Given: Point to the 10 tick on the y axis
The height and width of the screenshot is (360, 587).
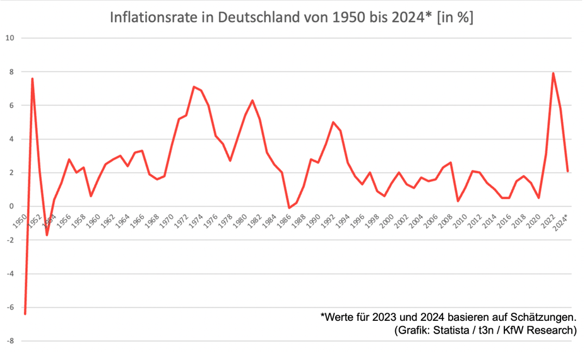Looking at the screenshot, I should [9, 38].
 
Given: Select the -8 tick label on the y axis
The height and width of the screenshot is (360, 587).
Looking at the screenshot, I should [9, 341].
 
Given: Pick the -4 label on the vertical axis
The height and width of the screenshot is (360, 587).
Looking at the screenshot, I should [9, 273].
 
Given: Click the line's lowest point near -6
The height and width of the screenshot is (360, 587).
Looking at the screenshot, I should [25, 313].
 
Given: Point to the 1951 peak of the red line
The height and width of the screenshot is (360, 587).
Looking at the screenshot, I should [32, 79].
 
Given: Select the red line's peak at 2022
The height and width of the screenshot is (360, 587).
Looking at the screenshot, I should [554, 73].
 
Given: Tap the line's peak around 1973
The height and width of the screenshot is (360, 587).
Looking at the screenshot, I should [194, 87].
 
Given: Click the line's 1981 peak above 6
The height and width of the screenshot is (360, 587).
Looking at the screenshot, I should [252, 100].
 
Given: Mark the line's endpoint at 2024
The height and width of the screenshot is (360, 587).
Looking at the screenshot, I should [568, 171].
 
